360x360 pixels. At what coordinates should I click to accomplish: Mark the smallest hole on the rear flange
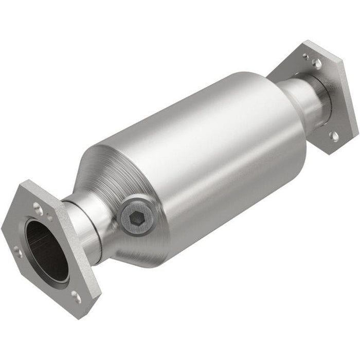(305, 56)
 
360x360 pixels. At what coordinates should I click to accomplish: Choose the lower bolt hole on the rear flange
(334, 135)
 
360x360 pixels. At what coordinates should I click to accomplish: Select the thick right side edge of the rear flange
(350, 98)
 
